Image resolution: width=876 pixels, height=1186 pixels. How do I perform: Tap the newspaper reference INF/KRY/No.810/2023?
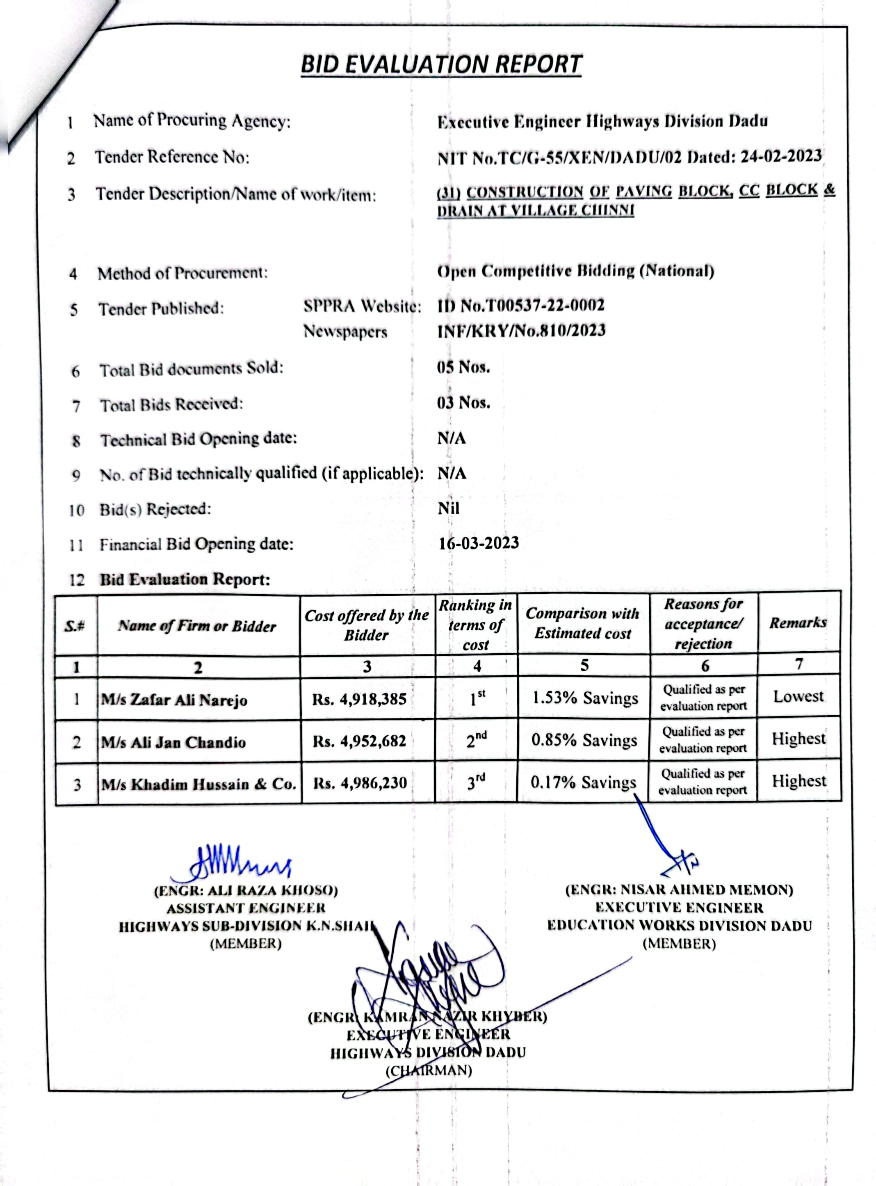coord(521,331)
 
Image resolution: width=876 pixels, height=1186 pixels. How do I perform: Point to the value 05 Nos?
coord(463,367)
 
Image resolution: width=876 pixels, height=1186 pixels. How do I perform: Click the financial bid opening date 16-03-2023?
coord(478,543)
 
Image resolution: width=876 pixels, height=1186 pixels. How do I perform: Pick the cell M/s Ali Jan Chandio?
coord(174,742)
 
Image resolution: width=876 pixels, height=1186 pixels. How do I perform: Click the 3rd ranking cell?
coord(476,782)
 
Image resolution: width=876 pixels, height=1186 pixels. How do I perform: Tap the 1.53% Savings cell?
coord(585,698)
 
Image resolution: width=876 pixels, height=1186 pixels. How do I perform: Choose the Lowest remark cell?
coord(798,696)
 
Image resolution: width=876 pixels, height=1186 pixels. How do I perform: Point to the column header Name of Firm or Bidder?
coord(197,626)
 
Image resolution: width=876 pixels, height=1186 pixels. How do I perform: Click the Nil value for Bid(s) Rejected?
coord(449,509)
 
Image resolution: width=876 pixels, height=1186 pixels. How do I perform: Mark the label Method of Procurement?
coord(182,273)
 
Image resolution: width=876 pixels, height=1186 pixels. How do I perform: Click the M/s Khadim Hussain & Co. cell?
coord(199,784)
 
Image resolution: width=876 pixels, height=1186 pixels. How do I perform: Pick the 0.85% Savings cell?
coord(584,740)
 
